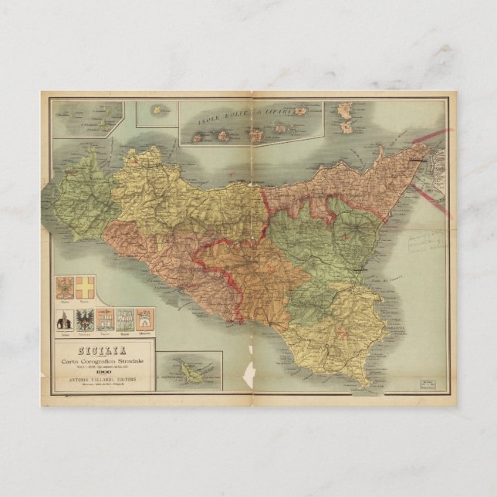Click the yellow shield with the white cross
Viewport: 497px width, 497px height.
pos(85,287)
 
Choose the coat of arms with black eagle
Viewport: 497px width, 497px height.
pos(85,319)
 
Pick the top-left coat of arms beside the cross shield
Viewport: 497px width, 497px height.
pos(65,288)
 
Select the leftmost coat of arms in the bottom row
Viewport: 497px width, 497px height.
pos(65,319)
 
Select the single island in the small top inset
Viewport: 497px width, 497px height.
pos(157,110)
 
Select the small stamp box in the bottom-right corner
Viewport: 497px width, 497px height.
pos(428,383)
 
